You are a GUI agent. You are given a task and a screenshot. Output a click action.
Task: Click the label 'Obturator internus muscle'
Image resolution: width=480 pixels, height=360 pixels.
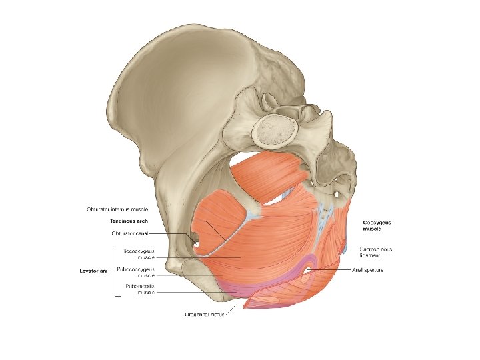122,209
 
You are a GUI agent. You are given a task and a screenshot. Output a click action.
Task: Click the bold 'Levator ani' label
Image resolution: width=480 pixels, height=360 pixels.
93,271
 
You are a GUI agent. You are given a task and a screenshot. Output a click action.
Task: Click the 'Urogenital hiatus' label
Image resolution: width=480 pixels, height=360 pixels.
204,315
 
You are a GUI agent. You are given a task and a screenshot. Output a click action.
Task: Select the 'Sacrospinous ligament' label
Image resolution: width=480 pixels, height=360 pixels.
376,252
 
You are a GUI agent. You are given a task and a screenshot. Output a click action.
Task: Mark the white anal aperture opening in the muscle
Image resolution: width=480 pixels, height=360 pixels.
309,270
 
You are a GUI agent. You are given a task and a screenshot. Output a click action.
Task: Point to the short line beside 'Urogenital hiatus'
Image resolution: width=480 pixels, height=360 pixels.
231,309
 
